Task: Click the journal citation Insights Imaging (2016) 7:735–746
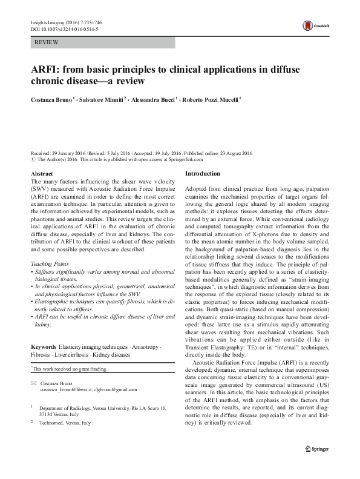[65, 21]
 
